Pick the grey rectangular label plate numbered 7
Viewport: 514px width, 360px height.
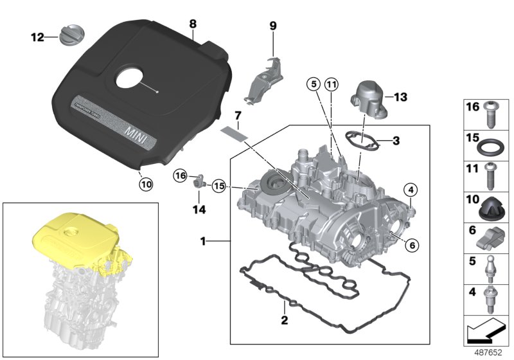pos(234,134)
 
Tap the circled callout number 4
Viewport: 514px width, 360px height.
pos(411,189)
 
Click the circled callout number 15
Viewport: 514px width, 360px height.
pos(220,186)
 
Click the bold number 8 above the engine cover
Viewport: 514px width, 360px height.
pos(192,23)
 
